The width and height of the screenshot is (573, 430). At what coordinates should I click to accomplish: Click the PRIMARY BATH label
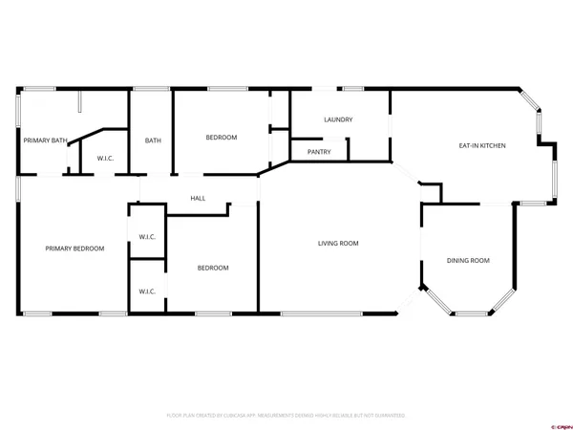(45, 140)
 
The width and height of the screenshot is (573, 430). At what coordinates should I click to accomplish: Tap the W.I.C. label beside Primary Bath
(104, 159)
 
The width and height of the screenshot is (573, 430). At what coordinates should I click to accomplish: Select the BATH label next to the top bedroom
(153, 140)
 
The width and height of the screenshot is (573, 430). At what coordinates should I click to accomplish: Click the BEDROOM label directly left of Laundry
(222, 138)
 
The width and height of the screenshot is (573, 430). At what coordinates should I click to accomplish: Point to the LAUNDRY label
(338, 119)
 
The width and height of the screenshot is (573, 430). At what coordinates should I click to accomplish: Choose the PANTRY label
(319, 152)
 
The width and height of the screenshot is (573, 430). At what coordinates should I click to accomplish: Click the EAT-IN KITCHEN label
(483, 145)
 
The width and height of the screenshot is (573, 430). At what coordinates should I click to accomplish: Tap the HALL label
(198, 198)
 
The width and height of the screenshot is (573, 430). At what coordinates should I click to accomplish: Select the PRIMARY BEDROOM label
(74, 248)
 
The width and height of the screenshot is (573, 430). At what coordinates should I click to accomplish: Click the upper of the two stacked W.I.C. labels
(147, 237)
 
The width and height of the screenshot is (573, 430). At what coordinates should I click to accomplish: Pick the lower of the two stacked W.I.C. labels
(147, 290)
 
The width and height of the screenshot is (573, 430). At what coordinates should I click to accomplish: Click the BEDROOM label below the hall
(213, 268)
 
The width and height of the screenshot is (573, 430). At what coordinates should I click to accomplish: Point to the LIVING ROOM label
(338, 243)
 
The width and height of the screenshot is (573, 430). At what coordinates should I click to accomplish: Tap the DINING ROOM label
(468, 260)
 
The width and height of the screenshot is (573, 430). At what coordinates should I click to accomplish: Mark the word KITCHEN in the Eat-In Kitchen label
(493, 145)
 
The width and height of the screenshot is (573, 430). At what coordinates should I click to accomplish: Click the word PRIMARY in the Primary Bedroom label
(59, 248)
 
